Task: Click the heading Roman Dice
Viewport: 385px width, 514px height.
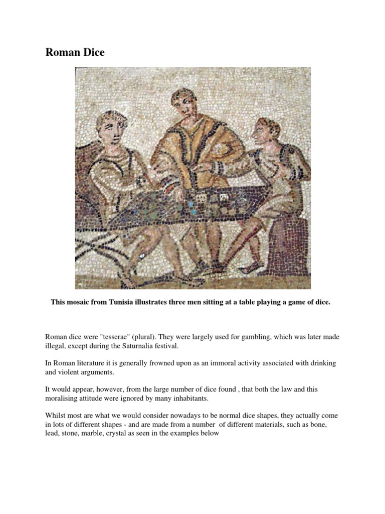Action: [75, 52]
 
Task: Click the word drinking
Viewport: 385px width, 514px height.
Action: [322, 362]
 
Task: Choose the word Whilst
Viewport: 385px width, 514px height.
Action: [55, 416]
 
